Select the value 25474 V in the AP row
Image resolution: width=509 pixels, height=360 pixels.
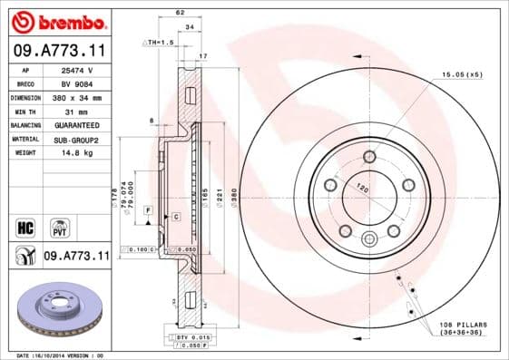coord(78,70)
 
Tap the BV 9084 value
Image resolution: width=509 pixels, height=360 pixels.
coord(78,83)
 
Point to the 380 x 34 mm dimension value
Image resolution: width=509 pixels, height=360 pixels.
coord(79,97)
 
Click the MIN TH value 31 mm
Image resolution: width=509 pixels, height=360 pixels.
coord(78,111)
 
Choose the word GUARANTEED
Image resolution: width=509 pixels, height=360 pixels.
coord(78,125)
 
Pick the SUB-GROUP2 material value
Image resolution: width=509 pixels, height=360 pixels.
coord(78,139)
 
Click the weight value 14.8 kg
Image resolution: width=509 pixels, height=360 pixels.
coord(78,153)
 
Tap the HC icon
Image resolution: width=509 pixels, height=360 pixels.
coord(25,226)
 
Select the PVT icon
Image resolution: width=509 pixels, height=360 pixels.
coord(57,226)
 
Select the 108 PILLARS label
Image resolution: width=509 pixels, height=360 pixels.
coord(462,323)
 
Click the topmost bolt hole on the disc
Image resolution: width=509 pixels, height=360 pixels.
coord(369,157)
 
